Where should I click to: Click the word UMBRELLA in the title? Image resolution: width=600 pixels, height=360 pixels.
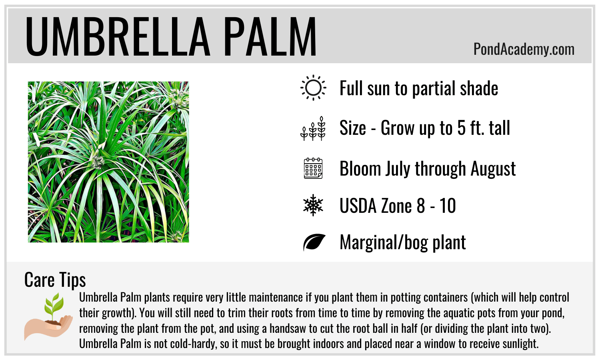[118, 36]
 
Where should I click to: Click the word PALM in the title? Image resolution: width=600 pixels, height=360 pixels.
[270, 36]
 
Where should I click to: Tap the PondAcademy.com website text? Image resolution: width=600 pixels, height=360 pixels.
[524, 49]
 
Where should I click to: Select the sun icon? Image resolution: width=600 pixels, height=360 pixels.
[313, 88]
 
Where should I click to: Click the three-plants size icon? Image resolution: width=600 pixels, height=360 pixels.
[313, 128]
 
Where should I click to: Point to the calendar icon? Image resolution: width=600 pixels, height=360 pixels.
[313, 168]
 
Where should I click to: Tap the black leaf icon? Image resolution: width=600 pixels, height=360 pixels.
[314, 242]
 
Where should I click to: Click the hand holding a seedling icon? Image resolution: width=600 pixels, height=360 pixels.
[48, 317]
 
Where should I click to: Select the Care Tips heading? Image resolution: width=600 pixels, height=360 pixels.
[55, 280]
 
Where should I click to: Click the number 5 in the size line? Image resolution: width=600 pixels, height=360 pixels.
[461, 128]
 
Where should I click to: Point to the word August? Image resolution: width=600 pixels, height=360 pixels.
[493, 170]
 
